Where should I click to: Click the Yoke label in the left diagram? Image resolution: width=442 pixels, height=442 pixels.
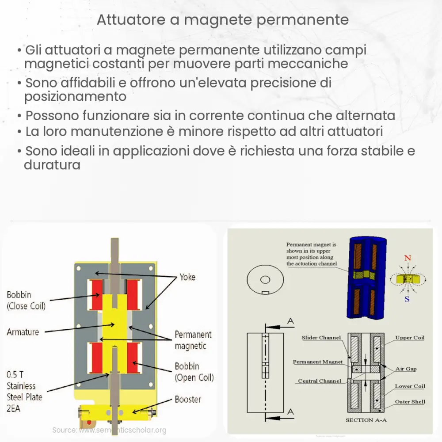187,277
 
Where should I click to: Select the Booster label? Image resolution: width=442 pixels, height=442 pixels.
188,399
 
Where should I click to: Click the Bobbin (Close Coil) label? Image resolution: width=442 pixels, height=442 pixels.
26,300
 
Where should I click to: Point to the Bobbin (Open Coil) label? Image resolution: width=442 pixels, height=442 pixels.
194,372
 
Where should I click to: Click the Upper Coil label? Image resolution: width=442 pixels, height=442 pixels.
410,338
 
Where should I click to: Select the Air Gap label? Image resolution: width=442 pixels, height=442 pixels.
406,369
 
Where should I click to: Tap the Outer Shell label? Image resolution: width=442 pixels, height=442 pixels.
410,401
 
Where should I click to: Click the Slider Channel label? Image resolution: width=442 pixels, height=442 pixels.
321,338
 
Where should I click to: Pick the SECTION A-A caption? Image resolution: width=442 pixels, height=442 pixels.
366,420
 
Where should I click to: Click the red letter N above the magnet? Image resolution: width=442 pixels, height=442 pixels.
408,258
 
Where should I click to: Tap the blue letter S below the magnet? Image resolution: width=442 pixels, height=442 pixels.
407,299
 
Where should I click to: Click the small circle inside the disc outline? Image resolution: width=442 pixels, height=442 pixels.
265,279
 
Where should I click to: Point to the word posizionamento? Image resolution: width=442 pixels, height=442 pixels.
76,96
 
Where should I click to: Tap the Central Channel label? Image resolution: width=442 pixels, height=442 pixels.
320,381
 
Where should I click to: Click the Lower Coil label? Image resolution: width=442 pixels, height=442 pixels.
410,386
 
